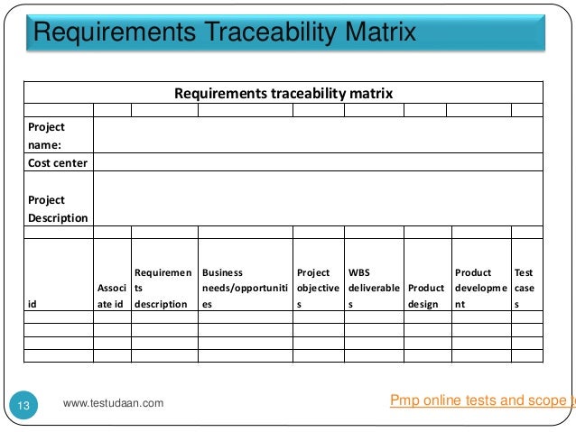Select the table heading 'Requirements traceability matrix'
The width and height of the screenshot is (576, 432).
(283, 93)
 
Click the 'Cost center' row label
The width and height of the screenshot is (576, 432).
(58, 162)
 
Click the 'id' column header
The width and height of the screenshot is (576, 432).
(33, 304)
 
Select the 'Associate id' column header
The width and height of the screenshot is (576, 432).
(112, 296)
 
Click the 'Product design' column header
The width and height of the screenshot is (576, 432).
(426, 296)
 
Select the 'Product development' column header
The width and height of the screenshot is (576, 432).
(479, 288)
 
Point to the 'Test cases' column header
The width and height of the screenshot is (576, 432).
(524, 288)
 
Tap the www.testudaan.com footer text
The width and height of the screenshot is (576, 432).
(114, 403)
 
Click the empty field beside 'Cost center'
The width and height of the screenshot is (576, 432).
(317, 162)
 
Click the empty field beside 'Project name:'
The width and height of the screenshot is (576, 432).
(317, 135)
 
